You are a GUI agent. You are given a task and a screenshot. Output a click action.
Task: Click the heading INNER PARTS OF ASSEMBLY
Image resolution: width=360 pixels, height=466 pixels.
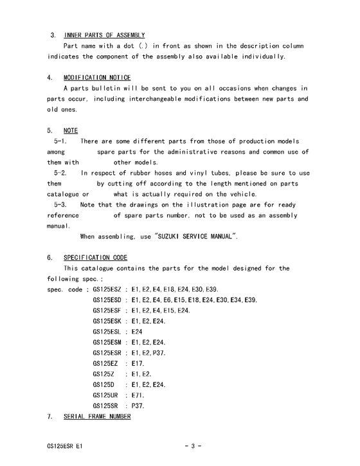pyautogui.click(x=104, y=35)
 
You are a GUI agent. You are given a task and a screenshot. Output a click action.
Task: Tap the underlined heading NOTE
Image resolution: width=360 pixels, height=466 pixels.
pyautogui.click(x=71, y=130)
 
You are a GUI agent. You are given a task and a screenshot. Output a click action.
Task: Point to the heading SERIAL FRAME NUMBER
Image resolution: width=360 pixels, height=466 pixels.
pyautogui.click(x=97, y=417)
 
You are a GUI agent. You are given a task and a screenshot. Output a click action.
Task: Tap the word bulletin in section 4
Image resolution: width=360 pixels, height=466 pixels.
pyautogui.click(x=111, y=88)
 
